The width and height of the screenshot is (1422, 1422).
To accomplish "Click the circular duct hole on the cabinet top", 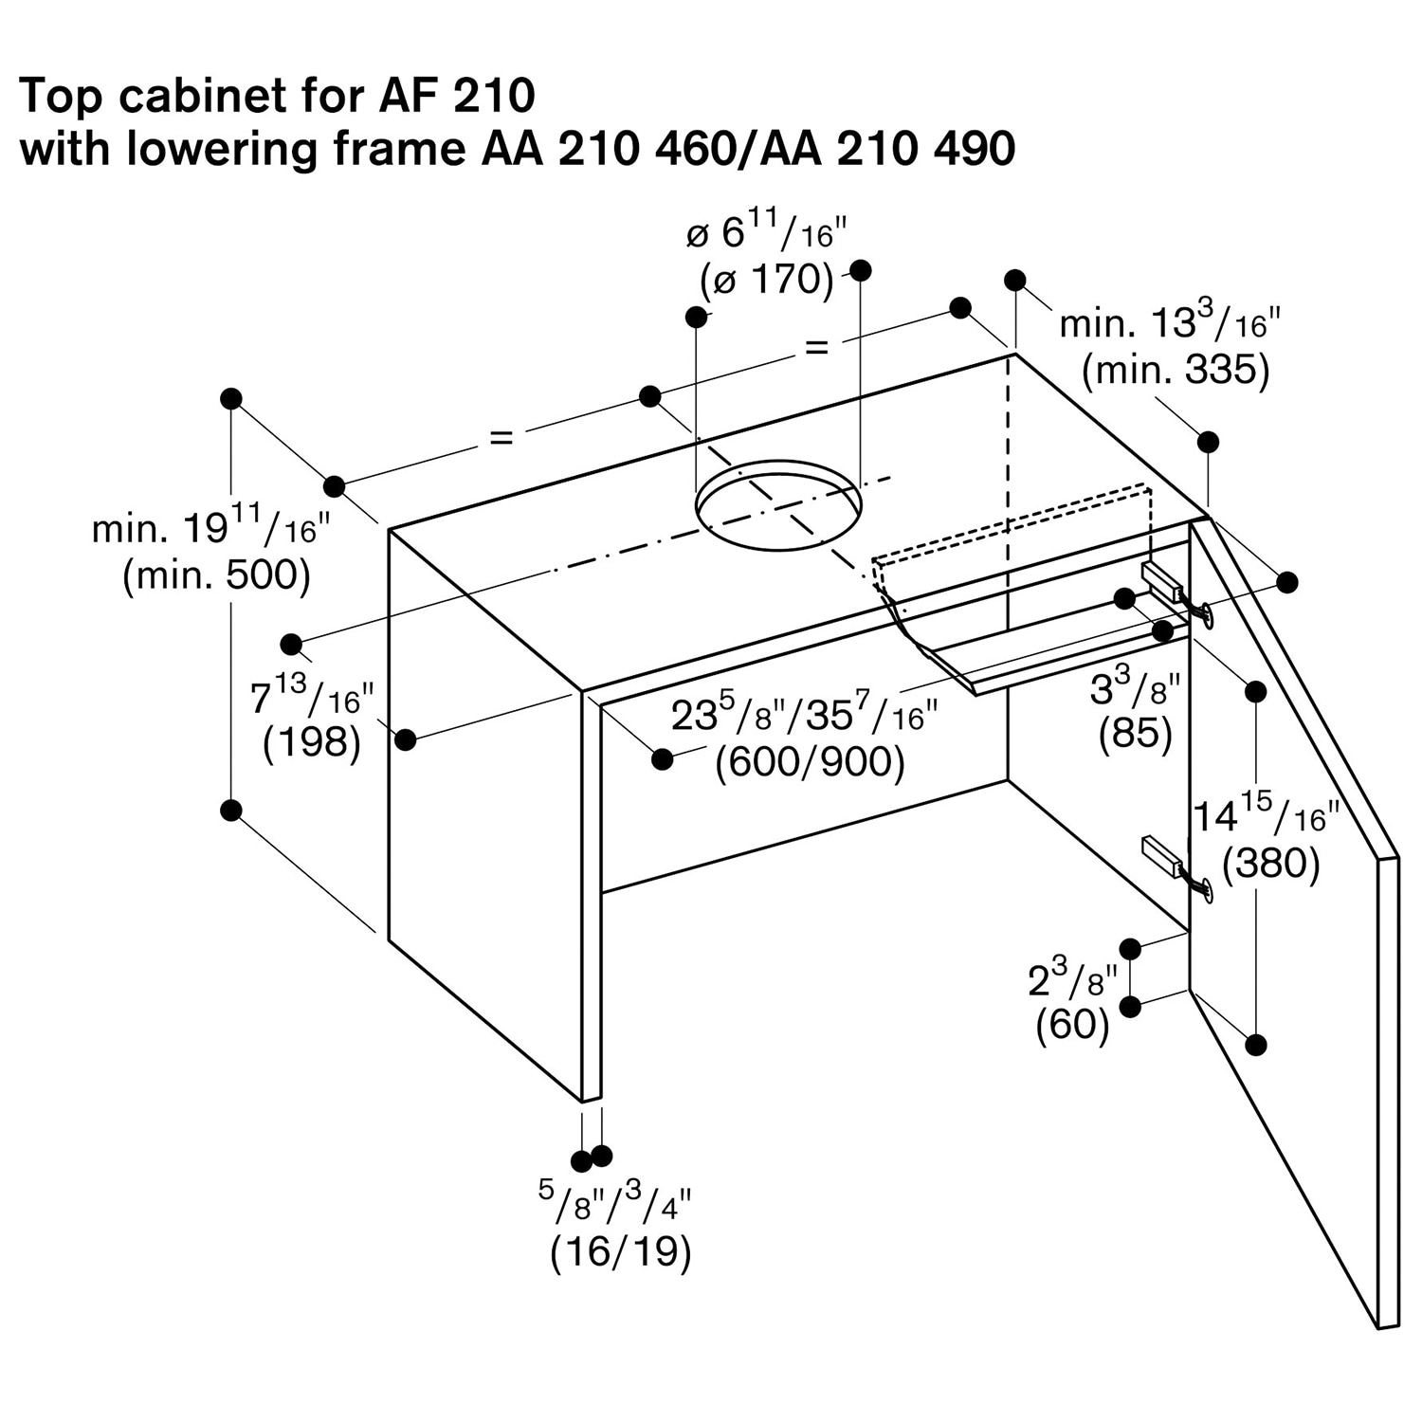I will point(778,504).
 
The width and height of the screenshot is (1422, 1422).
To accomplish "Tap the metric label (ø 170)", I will point(766,280).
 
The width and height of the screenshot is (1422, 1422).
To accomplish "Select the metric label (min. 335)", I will point(1176,370).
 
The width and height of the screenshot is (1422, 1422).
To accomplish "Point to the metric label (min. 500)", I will point(216,575).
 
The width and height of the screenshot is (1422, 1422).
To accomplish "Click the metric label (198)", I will point(312,743).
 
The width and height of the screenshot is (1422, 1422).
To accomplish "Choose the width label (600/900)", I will point(810,762).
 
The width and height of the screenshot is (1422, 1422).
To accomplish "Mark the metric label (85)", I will point(1135,734).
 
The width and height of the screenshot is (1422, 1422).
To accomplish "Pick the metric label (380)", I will point(1270,864).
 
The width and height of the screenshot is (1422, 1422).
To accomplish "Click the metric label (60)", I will point(1072,1024).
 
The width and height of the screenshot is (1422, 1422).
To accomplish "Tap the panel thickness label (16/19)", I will point(621,1251).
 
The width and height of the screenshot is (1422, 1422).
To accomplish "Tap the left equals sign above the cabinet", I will point(501,437).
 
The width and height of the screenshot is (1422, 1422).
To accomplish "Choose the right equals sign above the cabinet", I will point(816,348).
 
